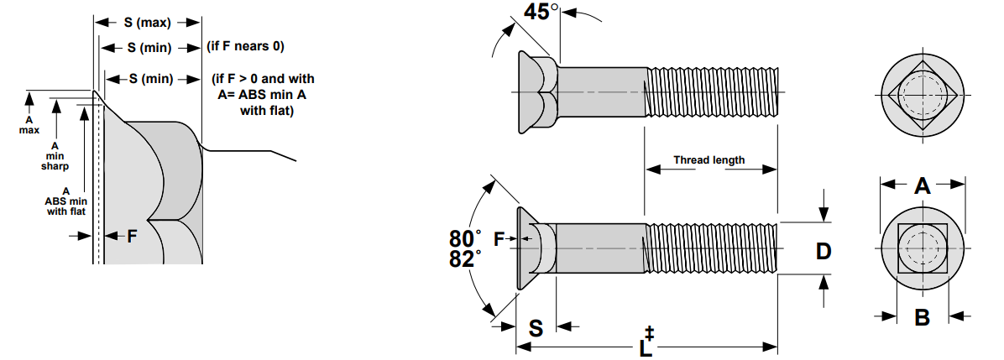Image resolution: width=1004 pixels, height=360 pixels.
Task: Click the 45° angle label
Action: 541,13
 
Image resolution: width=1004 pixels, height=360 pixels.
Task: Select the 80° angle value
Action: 465,238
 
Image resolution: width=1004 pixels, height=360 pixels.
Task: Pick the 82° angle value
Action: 465,259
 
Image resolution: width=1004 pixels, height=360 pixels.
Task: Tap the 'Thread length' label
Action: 709,160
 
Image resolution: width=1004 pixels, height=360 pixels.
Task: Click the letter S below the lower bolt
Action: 536,328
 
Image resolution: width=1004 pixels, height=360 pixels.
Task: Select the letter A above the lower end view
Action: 922,187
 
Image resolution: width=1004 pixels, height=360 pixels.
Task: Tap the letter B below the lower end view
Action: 921,318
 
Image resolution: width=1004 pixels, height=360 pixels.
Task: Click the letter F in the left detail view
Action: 131,237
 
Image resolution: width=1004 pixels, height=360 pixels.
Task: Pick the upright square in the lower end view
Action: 922,249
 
